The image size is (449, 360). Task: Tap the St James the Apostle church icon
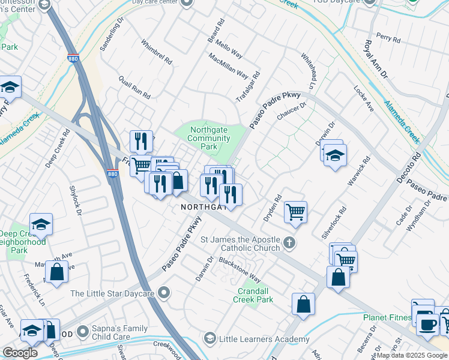290,243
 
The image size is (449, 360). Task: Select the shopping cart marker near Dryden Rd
295,212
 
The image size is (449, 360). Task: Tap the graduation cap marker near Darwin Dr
335,156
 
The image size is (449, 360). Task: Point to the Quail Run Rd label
134,87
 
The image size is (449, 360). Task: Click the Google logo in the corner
20,353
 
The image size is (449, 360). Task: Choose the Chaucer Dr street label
291,112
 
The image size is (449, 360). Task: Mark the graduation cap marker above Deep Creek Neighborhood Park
41,224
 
